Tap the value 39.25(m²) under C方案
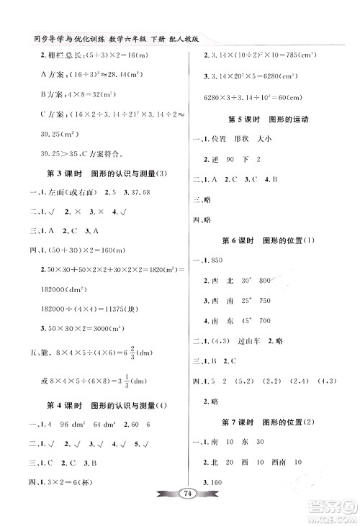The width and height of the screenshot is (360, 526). coord(54,134)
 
